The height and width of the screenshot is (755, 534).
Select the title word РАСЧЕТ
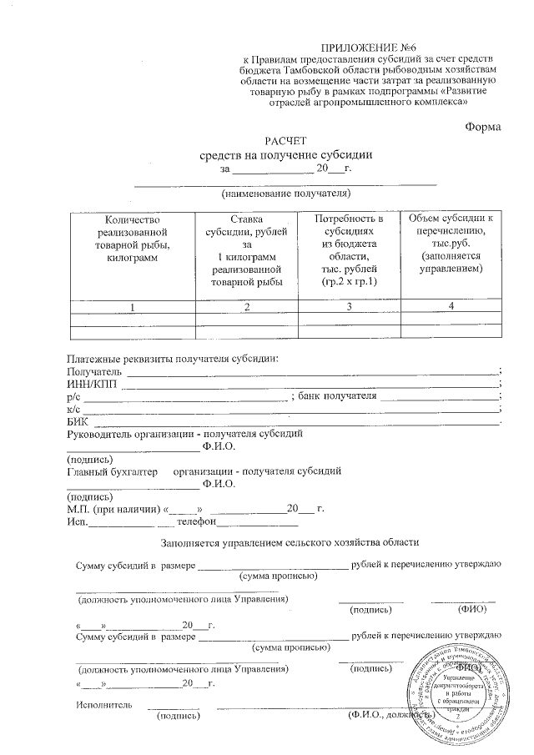tap(286, 142)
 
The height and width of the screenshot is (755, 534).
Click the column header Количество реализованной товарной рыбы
tap(132, 238)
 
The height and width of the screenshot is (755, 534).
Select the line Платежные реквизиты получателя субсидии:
tap(172, 359)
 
